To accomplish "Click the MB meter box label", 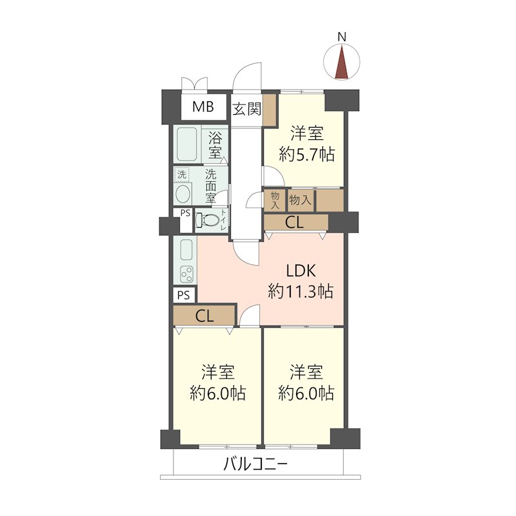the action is point(203,106).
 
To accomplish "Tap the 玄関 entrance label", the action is point(247,109).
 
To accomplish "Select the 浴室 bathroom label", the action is point(215,144).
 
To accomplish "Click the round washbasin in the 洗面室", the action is point(183,193).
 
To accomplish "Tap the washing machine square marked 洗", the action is point(182,174).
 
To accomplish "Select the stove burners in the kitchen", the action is point(187,273).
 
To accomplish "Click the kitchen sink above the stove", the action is point(186,250).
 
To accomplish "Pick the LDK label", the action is point(301,270).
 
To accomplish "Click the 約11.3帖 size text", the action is point(301,292).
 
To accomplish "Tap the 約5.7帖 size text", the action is point(307,154).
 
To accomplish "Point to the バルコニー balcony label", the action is point(255,464).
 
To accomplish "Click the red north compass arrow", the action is point(342,63).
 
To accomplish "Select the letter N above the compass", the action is point(342,37).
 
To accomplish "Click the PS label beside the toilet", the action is point(185,213).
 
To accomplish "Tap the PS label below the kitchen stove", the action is point(184,295).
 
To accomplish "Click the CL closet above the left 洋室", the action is point(204,316).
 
